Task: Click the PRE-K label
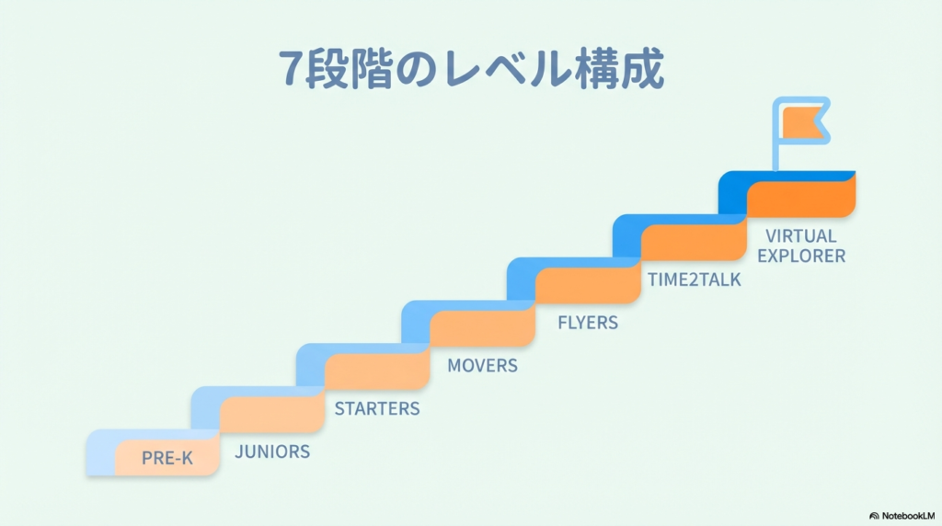click(x=167, y=458)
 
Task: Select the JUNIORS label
click(x=272, y=452)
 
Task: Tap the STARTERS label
click(x=377, y=408)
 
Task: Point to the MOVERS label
click(x=482, y=365)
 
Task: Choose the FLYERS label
click(x=588, y=323)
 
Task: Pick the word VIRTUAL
click(x=800, y=236)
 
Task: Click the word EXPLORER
click(x=800, y=256)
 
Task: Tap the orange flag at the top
click(x=804, y=122)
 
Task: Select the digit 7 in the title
click(x=292, y=70)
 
